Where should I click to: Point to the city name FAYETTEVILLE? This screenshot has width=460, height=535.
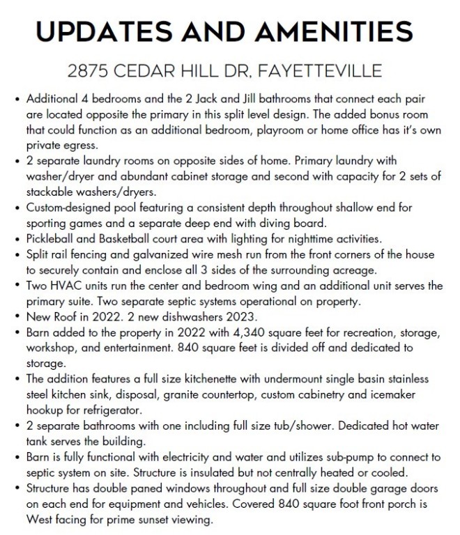pos(326,70)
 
